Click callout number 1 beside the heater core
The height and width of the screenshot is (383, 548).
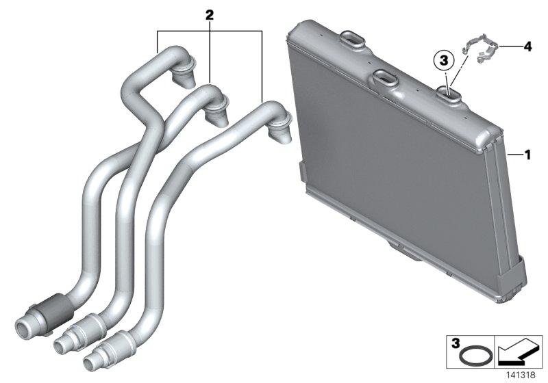(528, 155)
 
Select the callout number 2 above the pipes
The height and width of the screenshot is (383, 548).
(210, 14)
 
